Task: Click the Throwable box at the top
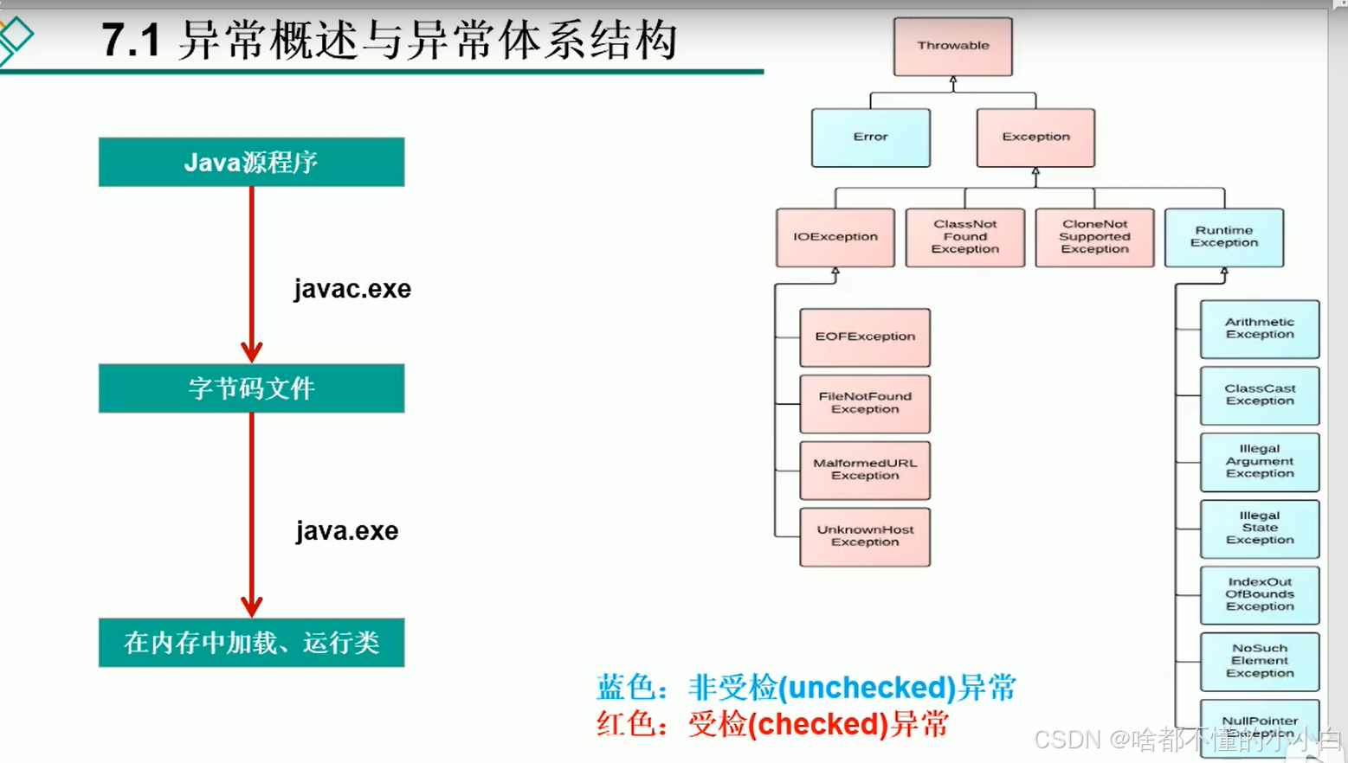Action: click(x=952, y=46)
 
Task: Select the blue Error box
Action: click(x=870, y=137)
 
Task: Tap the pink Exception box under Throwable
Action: click(x=1035, y=137)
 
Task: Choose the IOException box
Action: click(x=835, y=236)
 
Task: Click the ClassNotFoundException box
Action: click(x=964, y=236)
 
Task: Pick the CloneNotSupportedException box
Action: click(x=1094, y=236)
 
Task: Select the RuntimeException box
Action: click(x=1223, y=236)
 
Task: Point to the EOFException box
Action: click(x=865, y=337)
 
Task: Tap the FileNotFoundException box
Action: click(x=865, y=403)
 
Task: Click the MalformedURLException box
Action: click(x=865, y=470)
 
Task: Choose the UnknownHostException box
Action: click(x=865, y=536)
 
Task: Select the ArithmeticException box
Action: click(x=1260, y=329)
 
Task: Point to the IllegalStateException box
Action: click(x=1260, y=528)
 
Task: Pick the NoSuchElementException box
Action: click(x=1260, y=661)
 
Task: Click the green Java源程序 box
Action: click(x=251, y=162)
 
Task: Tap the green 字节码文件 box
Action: click(x=251, y=388)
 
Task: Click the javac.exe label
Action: click(x=352, y=289)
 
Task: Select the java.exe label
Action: click(x=347, y=531)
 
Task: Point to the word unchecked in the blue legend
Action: click(x=867, y=689)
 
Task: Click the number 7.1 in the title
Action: click(x=131, y=41)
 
